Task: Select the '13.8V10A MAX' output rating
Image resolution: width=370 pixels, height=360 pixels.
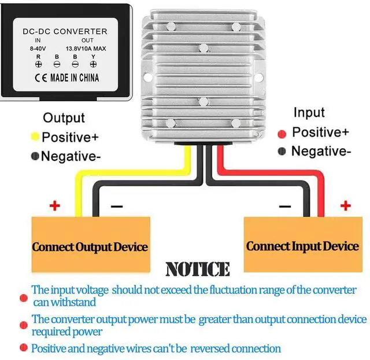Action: [86, 49]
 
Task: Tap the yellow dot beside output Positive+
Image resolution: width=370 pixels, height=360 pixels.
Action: [35, 137]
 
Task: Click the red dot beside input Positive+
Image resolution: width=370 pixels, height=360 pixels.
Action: [283, 134]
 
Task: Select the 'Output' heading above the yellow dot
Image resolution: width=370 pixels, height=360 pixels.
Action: [64, 118]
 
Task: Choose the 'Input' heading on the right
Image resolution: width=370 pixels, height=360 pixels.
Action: [309, 112]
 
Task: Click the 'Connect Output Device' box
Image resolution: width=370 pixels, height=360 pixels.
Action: [90, 247]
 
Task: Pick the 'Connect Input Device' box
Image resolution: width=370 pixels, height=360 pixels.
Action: [302, 246]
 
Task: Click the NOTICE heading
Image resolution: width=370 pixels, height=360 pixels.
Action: [197, 269]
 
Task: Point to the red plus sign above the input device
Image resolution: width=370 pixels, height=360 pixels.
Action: [346, 205]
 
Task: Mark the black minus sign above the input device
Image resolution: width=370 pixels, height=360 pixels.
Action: [284, 207]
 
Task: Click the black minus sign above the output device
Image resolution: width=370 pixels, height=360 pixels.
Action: [116, 206]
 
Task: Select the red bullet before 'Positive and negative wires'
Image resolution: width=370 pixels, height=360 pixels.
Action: [24, 348]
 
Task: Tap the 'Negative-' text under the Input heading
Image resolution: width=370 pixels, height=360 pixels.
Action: [321, 151]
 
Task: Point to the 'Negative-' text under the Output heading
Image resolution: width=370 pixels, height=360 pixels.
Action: [71, 156]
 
